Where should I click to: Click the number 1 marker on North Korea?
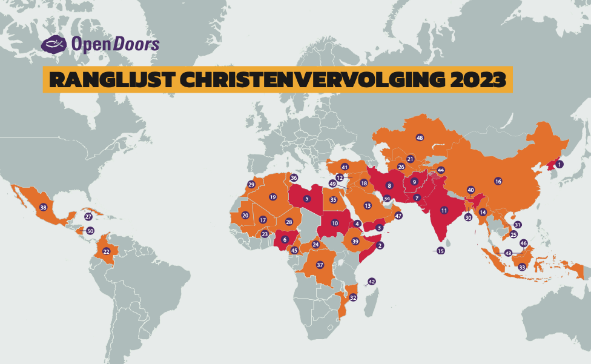[560, 164]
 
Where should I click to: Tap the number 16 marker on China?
[498, 181]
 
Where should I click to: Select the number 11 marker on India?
[444, 211]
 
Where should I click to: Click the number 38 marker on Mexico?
[43, 207]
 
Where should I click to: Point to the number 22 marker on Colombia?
[106, 251]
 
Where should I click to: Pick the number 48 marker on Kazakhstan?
[420, 138]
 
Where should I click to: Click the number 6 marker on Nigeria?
[285, 240]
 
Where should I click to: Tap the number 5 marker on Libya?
[307, 198]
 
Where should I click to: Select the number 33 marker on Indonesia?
[521, 267]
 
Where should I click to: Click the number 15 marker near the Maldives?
[441, 251]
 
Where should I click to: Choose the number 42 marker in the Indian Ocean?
[372, 282]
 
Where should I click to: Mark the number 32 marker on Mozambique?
[353, 297]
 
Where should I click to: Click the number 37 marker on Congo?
[320, 265]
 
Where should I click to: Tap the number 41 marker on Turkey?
[345, 167]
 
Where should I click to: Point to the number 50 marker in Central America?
[90, 231]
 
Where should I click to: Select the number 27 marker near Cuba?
[88, 217]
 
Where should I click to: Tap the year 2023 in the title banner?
[474, 80]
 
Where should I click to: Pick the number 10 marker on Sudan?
[335, 223]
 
